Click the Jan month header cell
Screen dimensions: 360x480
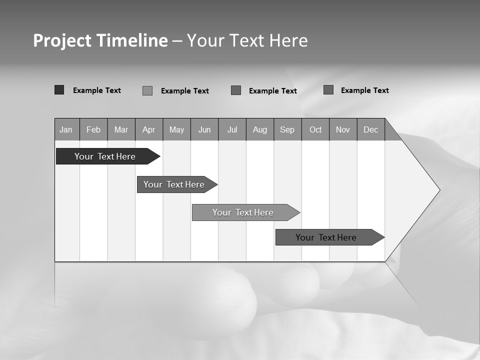coord(66,129)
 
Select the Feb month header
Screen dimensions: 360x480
coord(93,129)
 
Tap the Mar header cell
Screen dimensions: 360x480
coord(121,129)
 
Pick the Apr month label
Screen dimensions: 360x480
coord(149,129)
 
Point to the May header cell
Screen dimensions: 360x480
coord(176,129)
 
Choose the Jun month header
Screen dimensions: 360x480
coord(204,129)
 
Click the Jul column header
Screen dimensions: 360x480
coord(232,129)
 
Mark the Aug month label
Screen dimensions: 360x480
coord(260,129)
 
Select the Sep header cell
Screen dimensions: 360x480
coord(287,129)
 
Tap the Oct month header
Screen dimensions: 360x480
coord(315,129)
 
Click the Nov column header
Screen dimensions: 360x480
coord(343,129)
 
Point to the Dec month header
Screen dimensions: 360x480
coord(371,129)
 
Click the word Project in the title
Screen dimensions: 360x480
coord(61,40)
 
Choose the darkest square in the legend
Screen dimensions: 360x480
coord(59,90)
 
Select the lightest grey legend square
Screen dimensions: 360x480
coord(147,90)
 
